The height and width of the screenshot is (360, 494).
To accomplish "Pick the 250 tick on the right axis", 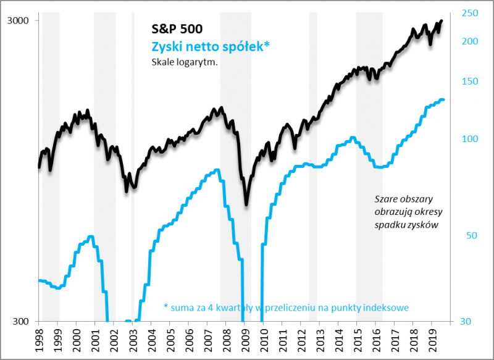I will (x=470, y=13).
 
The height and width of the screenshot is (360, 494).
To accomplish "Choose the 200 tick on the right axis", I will (x=470, y=41).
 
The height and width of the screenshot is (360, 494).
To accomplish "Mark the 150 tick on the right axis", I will (x=470, y=82).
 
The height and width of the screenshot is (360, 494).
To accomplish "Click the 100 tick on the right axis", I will (x=470, y=139).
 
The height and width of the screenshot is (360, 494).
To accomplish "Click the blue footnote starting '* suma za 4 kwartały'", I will (x=287, y=307).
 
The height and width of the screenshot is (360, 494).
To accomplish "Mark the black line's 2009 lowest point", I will (x=246, y=204).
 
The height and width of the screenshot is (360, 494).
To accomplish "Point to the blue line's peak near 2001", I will (x=91, y=237).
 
